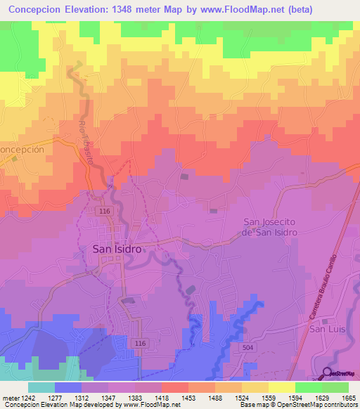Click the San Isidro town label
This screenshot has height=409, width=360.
(117, 249)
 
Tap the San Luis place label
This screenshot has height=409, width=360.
(326, 328)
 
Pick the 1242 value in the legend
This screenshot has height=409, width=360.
(26, 397)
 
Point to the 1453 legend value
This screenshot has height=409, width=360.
(187, 397)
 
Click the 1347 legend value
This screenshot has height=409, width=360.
(107, 397)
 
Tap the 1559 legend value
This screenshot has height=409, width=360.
(268, 397)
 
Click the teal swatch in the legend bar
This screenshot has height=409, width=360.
(41, 387)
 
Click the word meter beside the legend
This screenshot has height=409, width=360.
(8, 397)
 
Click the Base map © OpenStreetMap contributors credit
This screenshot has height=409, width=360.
(299, 405)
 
